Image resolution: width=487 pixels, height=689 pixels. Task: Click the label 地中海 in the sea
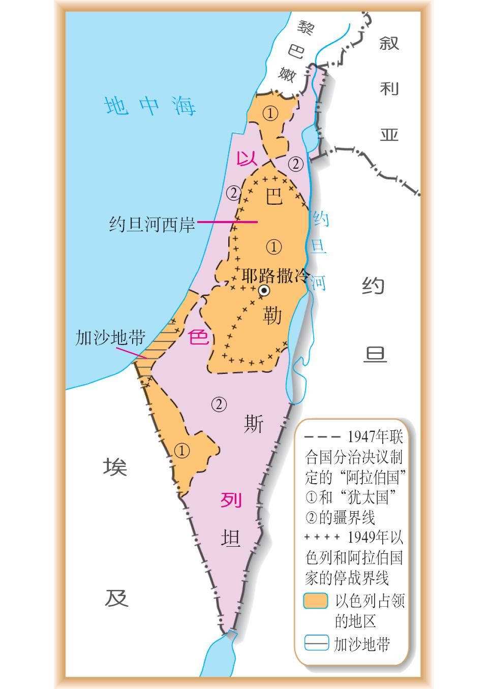(150, 106)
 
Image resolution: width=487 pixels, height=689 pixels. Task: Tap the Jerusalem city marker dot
(264, 290)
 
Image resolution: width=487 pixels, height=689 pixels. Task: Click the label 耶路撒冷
(275, 276)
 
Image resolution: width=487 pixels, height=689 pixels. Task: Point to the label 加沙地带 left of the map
(110, 337)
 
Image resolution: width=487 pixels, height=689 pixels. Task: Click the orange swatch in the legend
(316, 601)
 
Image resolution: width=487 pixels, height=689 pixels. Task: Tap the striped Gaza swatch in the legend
(316, 643)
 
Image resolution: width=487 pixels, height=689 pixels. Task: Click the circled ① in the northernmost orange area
(270, 113)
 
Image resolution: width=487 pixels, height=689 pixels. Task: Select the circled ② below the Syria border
(296, 164)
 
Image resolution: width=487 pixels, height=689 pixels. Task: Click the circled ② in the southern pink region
(219, 404)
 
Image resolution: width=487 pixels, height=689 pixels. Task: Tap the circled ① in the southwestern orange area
(182, 450)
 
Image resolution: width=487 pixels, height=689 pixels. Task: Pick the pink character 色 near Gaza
(199, 337)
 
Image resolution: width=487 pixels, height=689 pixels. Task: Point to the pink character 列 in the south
(231, 500)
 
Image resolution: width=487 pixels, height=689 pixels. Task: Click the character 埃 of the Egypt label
(116, 466)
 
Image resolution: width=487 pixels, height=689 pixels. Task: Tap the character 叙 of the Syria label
(389, 43)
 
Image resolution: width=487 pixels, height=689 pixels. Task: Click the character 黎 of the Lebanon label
(307, 28)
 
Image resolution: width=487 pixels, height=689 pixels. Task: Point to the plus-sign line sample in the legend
(322, 537)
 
